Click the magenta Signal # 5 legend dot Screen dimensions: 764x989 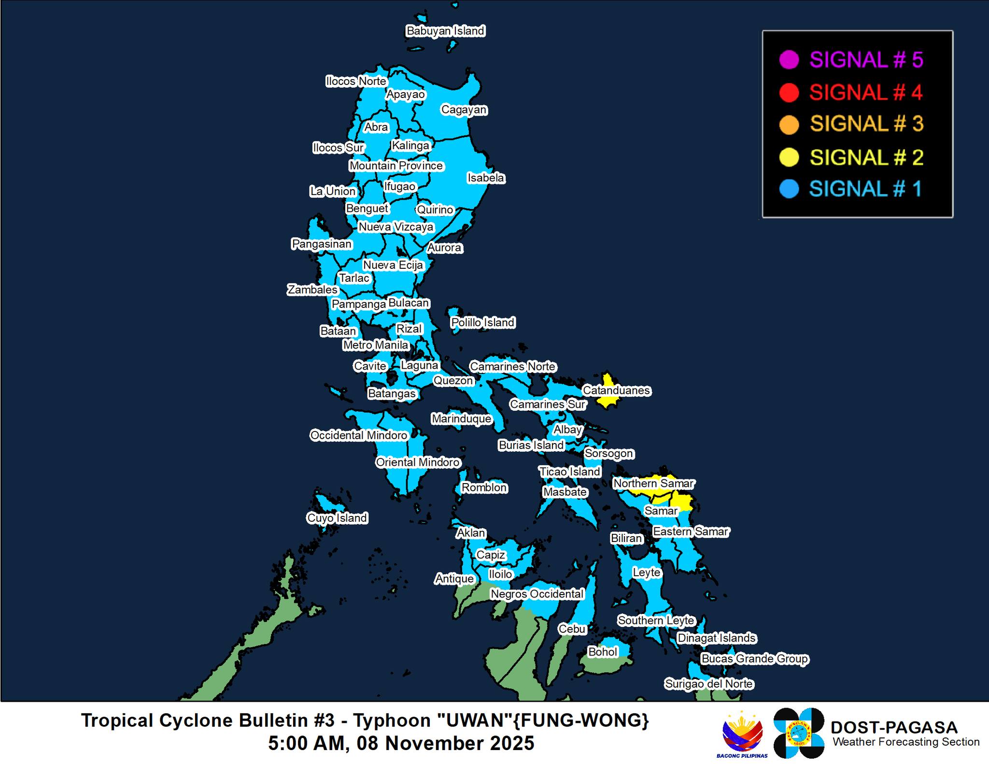pyautogui.click(x=789, y=60)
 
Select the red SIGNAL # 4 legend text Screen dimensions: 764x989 pyautogui.click(x=866, y=92)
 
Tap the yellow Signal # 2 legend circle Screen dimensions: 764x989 pyautogui.click(x=789, y=157)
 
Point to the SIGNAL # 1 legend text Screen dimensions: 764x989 pyautogui.click(x=865, y=189)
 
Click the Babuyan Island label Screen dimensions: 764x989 pyautogui.click(x=445, y=31)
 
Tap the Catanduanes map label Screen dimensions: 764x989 pyautogui.click(x=616, y=390)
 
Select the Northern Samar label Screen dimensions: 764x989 pyautogui.click(x=653, y=483)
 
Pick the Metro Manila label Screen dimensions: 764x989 pyautogui.click(x=376, y=345)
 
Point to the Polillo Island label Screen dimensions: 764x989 pyautogui.click(x=483, y=322)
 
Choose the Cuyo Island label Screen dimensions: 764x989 pyautogui.click(x=337, y=518)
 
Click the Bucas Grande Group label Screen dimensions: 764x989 pyautogui.click(x=754, y=659)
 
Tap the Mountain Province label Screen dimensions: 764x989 pyautogui.click(x=396, y=166)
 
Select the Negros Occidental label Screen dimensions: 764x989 pyautogui.click(x=537, y=594)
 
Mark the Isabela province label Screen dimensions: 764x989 pyautogui.click(x=486, y=178)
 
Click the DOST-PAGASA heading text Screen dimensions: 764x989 pyautogui.click(x=893, y=727)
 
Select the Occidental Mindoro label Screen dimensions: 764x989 pyautogui.click(x=359, y=435)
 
